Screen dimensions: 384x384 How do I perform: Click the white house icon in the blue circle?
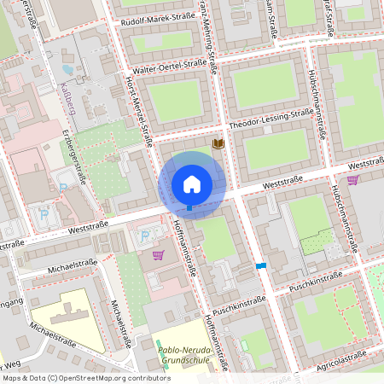[x=191, y=183]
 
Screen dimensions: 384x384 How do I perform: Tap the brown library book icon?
[x=218, y=144]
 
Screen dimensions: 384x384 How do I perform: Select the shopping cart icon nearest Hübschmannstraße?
[x=352, y=179]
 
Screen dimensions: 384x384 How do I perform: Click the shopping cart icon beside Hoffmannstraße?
[x=158, y=254]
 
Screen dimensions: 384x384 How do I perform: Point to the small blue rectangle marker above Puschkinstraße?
[x=260, y=266]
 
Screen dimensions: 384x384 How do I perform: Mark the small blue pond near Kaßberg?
[x=68, y=70]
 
